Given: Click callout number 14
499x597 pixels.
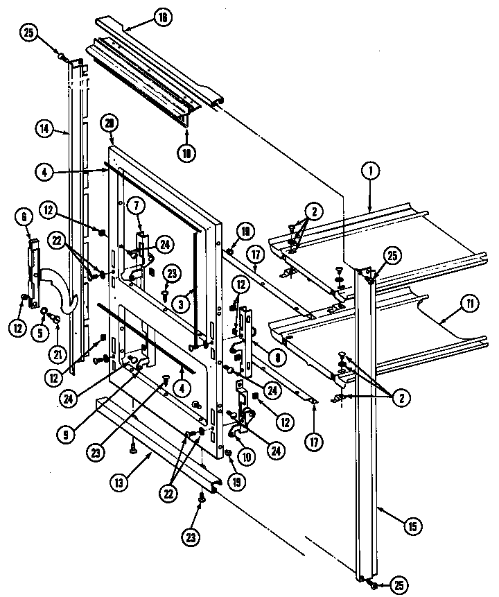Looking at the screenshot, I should tap(43, 128).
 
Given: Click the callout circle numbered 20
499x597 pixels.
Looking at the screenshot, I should tap(108, 124).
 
